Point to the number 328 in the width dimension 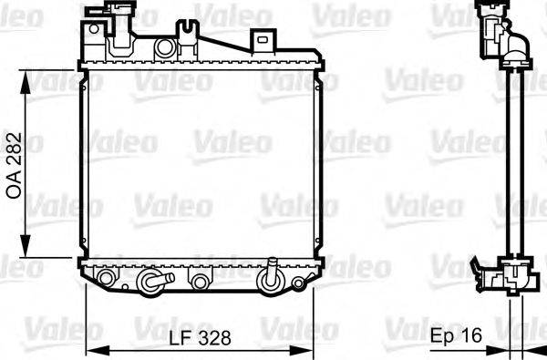(215, 337)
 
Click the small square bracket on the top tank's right (263, 40)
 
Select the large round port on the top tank (165, 46)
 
